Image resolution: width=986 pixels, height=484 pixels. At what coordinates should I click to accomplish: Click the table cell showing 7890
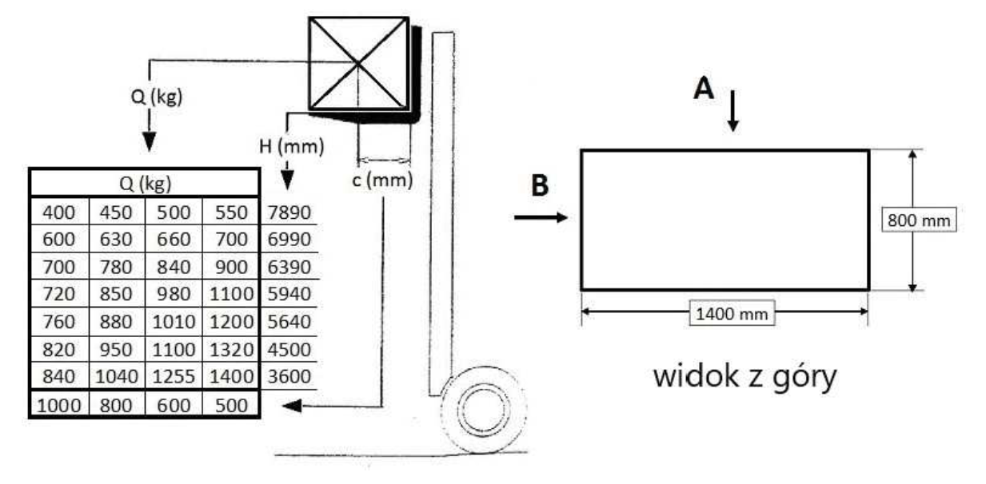point(289,212)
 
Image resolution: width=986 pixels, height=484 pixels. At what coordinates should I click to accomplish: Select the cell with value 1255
point(174,377)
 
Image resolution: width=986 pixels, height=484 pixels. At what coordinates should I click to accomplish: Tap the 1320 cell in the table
point(232,350)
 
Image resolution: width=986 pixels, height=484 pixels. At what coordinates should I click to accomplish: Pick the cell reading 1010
point(174,322)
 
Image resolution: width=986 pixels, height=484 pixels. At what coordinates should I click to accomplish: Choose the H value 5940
point(289,294)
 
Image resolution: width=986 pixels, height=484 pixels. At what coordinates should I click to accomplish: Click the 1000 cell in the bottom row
point(59,405)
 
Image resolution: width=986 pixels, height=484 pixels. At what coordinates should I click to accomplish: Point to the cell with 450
point(116,212)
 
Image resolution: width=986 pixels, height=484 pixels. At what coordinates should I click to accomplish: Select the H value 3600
point(289,377)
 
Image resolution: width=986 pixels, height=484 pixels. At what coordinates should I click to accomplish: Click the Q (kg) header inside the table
point(146,184)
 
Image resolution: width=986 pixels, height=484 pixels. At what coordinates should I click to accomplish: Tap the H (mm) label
point(291,146)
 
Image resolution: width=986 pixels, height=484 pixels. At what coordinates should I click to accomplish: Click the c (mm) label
point(382,180)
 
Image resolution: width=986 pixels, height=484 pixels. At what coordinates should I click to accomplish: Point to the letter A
point(704,88)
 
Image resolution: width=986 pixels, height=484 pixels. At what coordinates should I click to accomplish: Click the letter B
point(540,185)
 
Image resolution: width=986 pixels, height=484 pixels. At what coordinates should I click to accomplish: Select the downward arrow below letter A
point(733,111)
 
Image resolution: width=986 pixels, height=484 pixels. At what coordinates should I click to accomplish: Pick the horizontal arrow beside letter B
point(541,217)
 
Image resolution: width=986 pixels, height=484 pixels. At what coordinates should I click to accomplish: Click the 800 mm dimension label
point(919,220)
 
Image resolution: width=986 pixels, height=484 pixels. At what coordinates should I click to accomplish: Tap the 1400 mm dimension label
point(732,314)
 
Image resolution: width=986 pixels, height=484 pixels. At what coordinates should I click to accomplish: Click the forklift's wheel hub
point(484,411)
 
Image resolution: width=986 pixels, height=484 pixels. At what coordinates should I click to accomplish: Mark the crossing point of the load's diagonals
point(359,64)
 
